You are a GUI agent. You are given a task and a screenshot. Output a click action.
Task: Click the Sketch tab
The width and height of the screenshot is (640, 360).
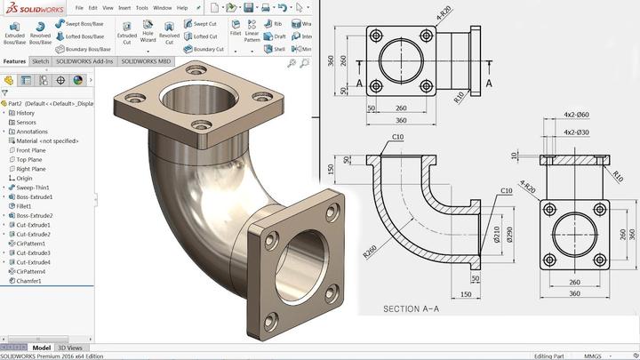tap(41, 62)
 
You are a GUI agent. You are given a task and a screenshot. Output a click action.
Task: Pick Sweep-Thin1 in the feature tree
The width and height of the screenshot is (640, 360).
tap(33, 188)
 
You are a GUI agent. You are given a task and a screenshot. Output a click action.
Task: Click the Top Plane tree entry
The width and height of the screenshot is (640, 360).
tap(31, 159)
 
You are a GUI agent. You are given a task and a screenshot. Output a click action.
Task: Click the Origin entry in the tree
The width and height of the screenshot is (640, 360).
tap(24, 178)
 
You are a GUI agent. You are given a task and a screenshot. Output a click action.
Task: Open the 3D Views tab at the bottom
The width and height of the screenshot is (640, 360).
tap(70, 348)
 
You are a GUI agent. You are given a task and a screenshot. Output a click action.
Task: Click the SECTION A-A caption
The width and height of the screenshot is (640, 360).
tap(411, 309)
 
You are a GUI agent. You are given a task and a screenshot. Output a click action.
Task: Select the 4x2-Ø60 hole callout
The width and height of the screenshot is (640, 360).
tap(576, 116)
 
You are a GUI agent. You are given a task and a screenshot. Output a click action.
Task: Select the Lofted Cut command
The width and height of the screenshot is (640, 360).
tap(204, 36)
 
